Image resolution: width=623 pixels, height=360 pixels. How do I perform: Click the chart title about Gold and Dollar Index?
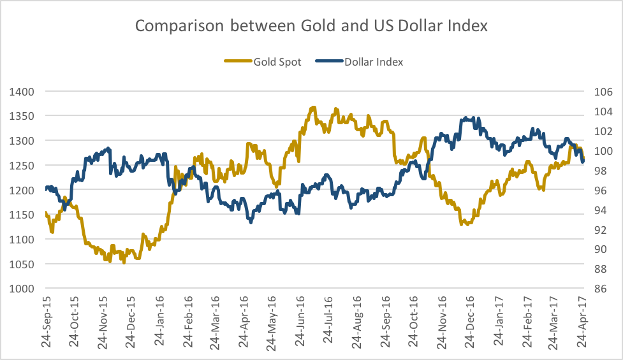coord(311,26)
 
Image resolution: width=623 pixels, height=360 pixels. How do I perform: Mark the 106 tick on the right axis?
coord(603,91)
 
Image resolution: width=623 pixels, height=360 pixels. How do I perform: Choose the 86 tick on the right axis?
coord(603,289)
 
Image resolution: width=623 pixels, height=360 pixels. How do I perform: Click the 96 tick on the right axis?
coord(603,190)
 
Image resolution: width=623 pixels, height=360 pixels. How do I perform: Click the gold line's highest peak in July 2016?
coord(313,108)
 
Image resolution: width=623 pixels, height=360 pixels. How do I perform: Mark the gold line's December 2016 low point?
coord(467,224)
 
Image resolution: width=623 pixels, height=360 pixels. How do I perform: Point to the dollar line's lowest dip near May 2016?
coord(251,222)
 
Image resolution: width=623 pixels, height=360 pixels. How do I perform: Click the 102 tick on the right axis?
coord(603,131)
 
